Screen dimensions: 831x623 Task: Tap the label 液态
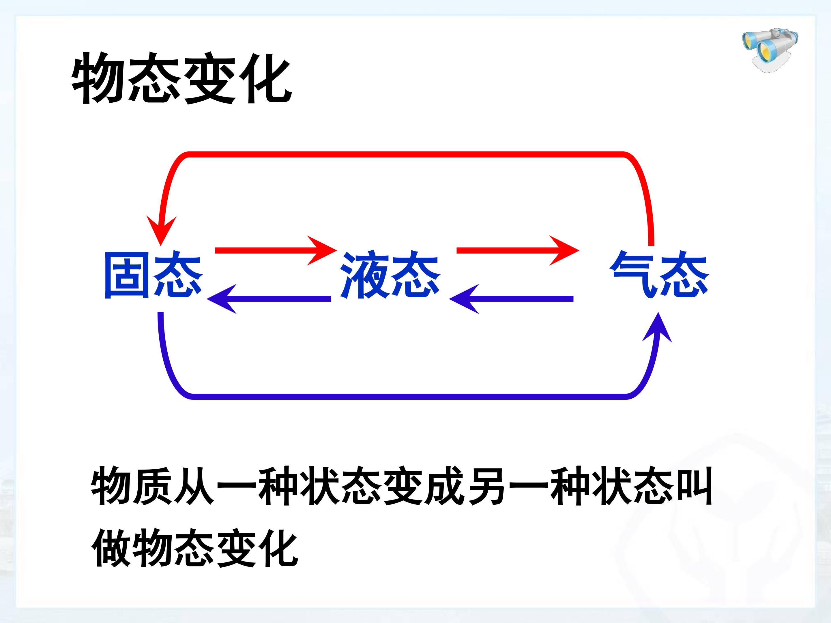tap(390, 276)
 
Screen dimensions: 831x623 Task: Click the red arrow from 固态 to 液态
tap(275, 250)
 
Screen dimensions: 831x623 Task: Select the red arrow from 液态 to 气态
tap(517, 250)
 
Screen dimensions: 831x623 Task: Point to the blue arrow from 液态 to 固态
tap(269, 299)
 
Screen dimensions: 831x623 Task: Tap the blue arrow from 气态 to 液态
tap(511, 299)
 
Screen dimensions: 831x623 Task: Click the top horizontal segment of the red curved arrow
tap(406, 154)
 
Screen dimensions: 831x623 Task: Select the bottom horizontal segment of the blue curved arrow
tap(409, 397)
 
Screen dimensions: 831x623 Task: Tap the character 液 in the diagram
tap(364, 276)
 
